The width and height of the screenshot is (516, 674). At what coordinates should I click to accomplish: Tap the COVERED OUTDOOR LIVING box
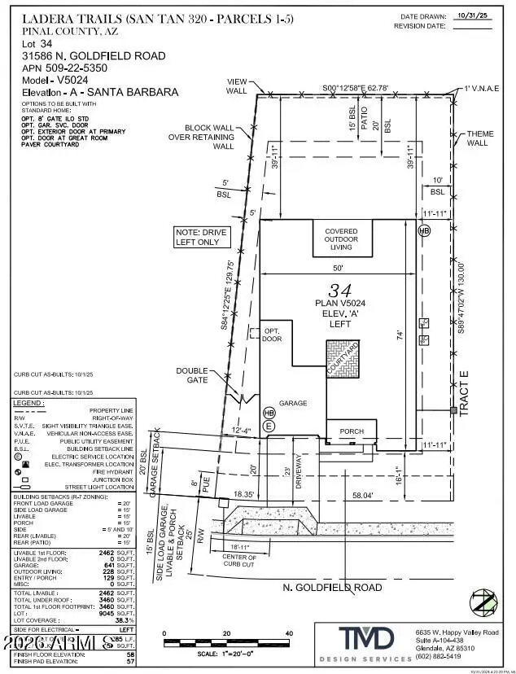point(341,239)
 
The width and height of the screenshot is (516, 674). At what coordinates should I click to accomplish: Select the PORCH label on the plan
point(351,431)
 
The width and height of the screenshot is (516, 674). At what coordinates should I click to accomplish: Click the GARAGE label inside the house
point(292,402)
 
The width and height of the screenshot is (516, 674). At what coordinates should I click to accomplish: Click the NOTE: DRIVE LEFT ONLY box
point(202,237)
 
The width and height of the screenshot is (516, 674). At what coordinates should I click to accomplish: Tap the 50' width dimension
point(337,268)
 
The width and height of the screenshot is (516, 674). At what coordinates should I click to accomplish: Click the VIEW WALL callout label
point(236,87)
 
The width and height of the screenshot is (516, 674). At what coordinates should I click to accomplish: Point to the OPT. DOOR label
point(272,334)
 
